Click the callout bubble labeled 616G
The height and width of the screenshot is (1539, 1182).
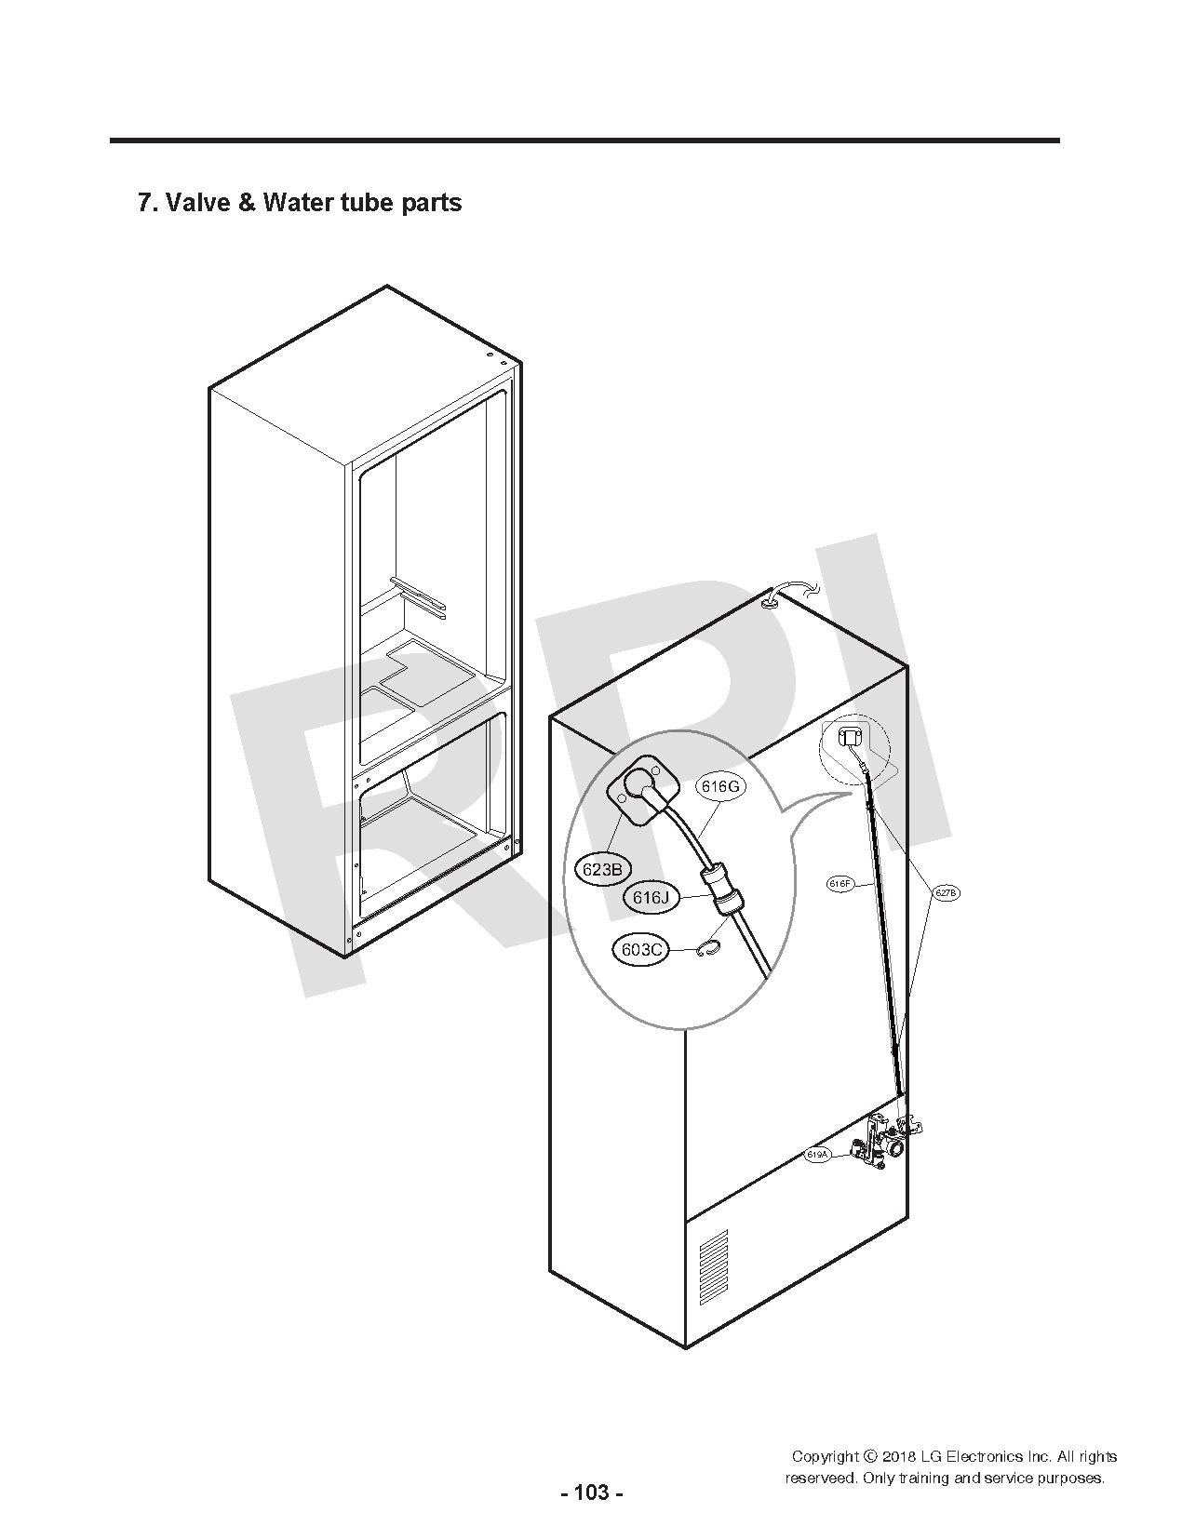click(720, 786)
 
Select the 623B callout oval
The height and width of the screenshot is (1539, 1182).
click(600, 869)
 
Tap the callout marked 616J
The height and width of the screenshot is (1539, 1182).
click(651, 898)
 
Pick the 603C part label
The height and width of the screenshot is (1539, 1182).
click(640, 949)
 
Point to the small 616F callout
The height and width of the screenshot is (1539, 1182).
click(840, 884)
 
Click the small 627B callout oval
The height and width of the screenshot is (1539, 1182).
click(946, 892)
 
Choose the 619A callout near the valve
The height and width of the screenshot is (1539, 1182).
click(817, 1155)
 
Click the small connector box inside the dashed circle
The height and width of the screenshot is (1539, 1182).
click(850, 739)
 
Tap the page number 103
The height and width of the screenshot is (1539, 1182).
click(592, 1493)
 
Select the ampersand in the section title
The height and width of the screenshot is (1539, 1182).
click(247, 202)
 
